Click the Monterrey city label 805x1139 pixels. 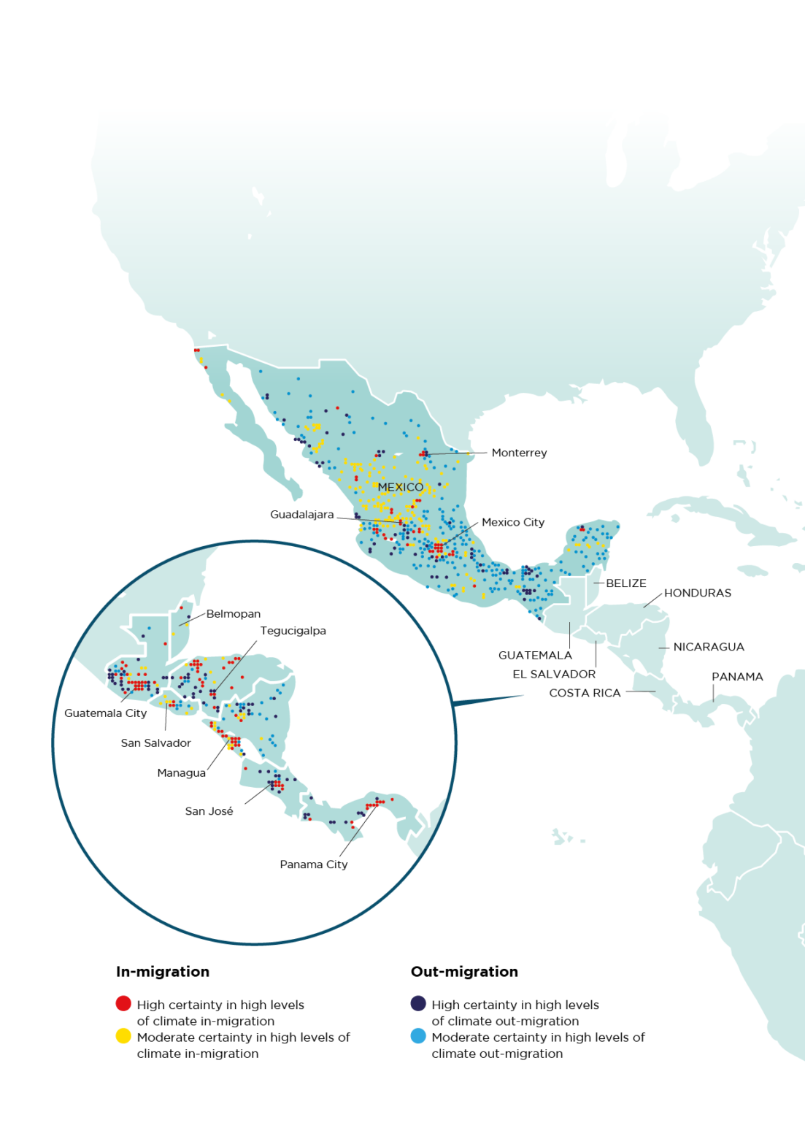click(x=519, y=453)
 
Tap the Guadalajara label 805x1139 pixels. click(x=301, y=515)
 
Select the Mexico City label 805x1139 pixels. click(x=512, y=522)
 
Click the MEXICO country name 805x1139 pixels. click(x=400, y=487)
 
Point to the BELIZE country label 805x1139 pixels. click(x=625, y=583)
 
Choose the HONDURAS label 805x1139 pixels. click(x=697, y=593)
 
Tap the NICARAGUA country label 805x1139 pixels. click(x=708, y=647)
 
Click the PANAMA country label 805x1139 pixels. click(x=737, y=677)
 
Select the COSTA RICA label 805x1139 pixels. click(x=585, y=693)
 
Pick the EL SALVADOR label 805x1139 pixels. click(x=554, y=674)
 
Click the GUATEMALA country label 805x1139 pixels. click(x=535, y=656)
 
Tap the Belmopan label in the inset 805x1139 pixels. click(x=233, y=614)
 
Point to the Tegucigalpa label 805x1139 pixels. click(x=293, y=631)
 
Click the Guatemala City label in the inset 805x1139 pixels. click(x=105, y=713)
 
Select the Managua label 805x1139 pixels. click(x=181, y=773)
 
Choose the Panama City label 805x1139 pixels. click(x=313, y=864)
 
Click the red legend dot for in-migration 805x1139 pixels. click(x=123, y=1004)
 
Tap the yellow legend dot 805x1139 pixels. click(x=123, y=1036)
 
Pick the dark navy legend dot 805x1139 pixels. click(x=418, y=1004)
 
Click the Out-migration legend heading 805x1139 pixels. click(x=464, y=972)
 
